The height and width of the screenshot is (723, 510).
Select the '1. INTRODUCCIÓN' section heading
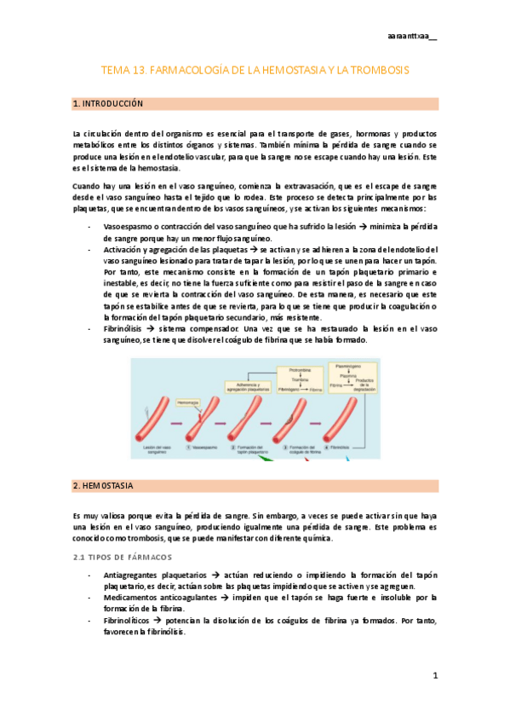pos(108,103)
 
